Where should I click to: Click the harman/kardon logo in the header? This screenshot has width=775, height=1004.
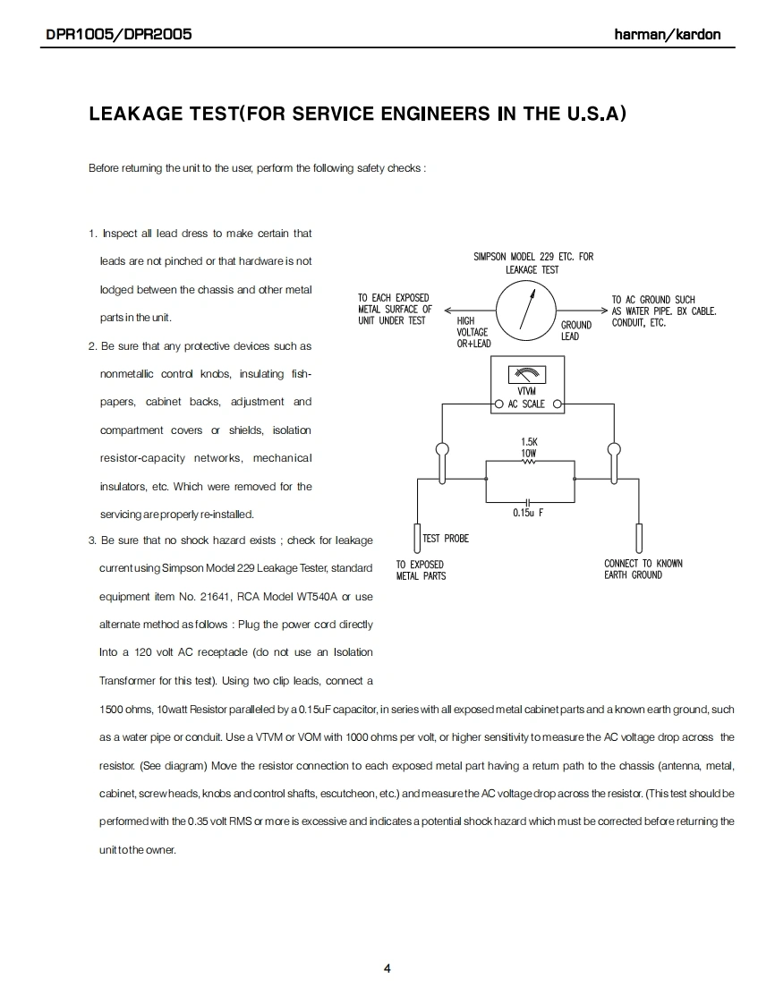click(x=667, y=35)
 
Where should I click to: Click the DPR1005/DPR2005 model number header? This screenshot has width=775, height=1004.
click(x=119, y=35)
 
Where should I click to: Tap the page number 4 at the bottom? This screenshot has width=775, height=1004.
click(x=387, y=967)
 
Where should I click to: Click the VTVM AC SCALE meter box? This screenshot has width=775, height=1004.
click(x=528, y=383)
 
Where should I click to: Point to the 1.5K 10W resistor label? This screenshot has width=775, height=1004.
click(x=529, y=447)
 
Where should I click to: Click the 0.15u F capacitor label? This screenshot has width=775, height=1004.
click(x=528, y=513)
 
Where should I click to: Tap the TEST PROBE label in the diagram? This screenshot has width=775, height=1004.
click(x=445, y=538)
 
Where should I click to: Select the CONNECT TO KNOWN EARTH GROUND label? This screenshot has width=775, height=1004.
click(x=643, y=569)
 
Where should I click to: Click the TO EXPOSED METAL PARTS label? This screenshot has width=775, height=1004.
click(x=420, y=570)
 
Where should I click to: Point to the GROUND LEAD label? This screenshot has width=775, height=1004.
click(x=575, y=330)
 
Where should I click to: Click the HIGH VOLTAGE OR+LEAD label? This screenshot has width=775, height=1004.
click(x=473, y=332)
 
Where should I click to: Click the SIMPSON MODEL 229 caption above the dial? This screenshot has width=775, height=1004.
click(x=532, y=263)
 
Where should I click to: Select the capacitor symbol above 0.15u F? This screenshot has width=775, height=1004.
click(x=528, y=501)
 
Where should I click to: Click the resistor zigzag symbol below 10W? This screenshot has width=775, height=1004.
click(x=529, y=463)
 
